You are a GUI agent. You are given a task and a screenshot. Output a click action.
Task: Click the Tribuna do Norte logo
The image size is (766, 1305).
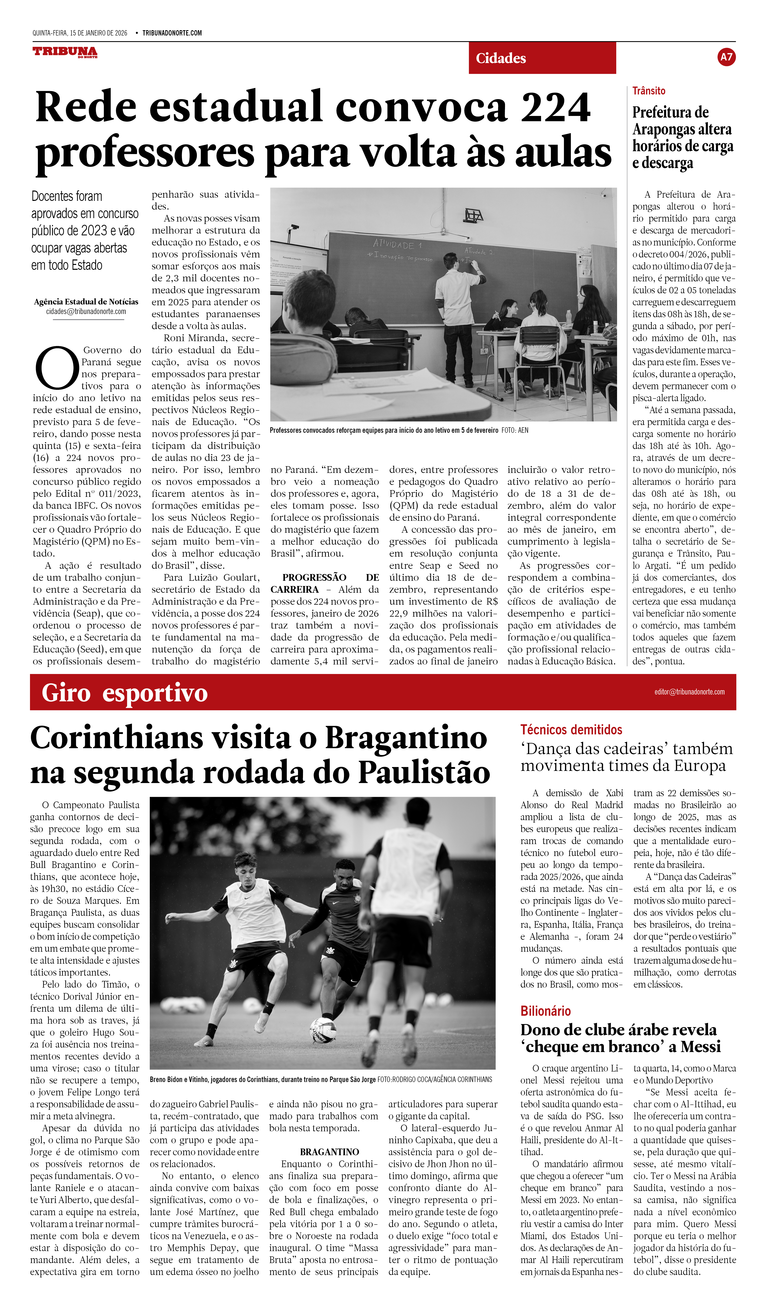[65, 52]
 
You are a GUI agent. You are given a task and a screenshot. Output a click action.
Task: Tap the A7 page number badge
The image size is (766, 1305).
[726, 57]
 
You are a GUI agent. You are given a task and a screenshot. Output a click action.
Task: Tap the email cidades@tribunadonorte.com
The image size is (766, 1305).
[86, 312]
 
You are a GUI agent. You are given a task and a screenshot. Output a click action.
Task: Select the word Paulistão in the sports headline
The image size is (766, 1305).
[424, 773]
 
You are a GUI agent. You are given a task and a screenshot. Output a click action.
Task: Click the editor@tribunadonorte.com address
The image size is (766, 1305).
[689, 692]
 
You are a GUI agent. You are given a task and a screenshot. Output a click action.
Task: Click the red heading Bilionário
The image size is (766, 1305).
[546, 1011]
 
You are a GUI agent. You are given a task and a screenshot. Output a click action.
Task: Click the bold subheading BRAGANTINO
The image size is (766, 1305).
[329, 1152]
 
